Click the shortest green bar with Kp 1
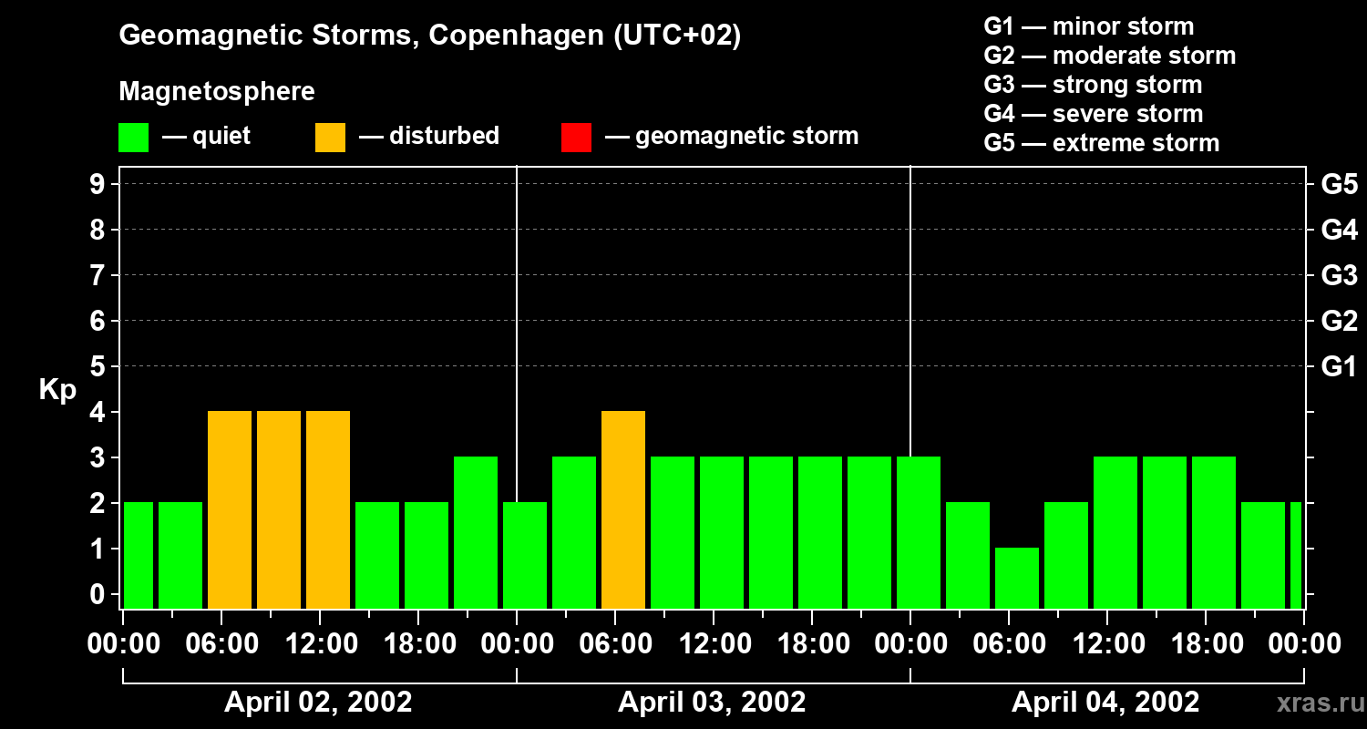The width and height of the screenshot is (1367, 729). click(x=1017, y=578)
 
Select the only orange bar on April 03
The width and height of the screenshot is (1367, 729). click(x=623, y=509)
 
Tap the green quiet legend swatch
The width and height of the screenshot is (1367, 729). click(x=133, y=137)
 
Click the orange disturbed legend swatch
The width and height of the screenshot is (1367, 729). click(x=330, y=137)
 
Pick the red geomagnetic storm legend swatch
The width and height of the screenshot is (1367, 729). click(x=576, y=137)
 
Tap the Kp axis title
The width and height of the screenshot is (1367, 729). click(x=57, y=390)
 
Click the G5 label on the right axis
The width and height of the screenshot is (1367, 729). click(x=1339, y=184)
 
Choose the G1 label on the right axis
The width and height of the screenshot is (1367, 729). click(x=1339, y=366)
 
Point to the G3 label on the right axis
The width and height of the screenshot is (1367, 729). click(x=1339, y=275)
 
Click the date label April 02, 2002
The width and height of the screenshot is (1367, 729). click(x=318, y=703)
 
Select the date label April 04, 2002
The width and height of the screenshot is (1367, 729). click(x=1105, y=703)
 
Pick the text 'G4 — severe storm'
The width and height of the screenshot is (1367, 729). click(x=1094, y=114)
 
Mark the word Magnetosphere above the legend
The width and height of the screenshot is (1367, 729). click(x=217, y=92)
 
